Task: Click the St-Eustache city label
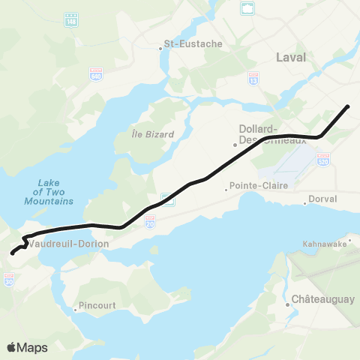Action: (193, 44)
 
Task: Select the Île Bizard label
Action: (152, 134)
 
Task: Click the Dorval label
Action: (323, 199)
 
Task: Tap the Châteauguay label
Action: (325, 299)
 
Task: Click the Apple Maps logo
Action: (27, 347)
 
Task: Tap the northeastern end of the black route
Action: (349, 106)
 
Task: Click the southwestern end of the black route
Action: (12, 253)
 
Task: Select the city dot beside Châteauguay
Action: (287, 304)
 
